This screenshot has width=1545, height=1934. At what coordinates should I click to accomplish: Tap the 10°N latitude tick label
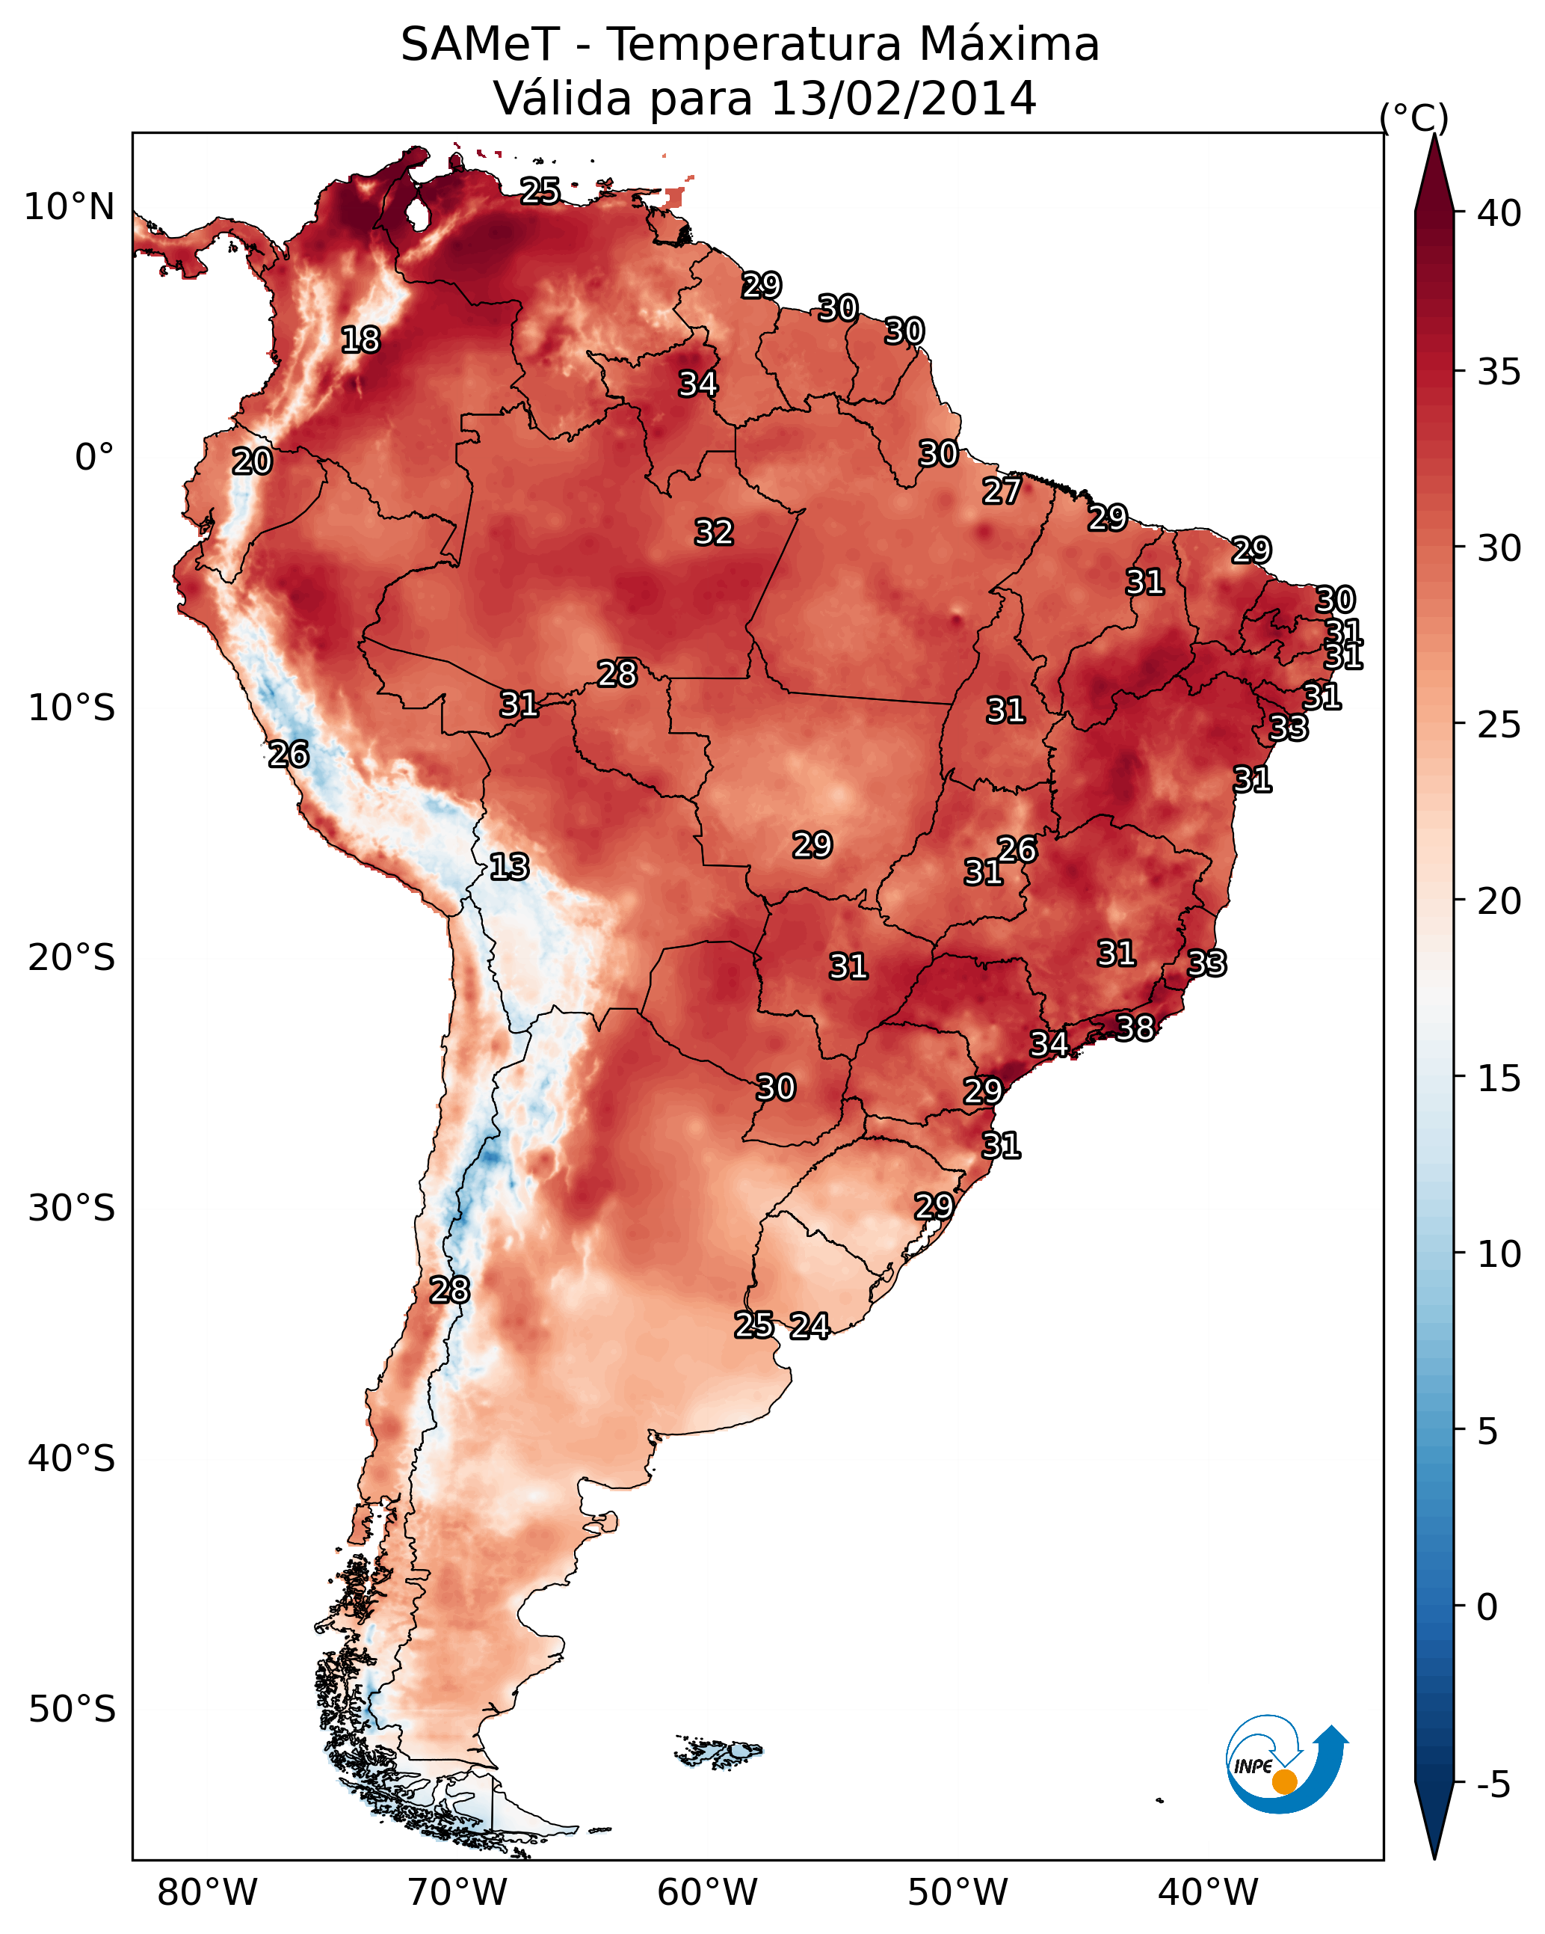(x=69, y=207)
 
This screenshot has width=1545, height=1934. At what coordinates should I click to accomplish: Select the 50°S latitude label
(x=72, y=1710)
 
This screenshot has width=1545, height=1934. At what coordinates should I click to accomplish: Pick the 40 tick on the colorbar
(x=1499, y=213)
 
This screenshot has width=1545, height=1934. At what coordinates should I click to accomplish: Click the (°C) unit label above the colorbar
(x=1414, y=117)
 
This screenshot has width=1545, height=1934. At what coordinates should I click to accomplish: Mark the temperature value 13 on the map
(x=509, y=867)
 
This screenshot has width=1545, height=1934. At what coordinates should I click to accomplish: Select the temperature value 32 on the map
(x=714, y=532)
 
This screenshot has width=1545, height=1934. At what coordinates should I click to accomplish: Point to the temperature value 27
(x=1001, y=491)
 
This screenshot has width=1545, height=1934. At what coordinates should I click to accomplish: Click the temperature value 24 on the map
(x=809, y=1325)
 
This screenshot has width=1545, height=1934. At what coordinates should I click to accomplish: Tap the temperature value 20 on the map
(x=252, y=461)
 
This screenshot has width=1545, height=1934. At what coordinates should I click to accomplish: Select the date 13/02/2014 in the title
(x=903, y=98)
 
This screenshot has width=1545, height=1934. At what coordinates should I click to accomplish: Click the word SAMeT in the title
(x=480, y=44)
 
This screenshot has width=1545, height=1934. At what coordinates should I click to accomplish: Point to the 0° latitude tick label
(x=94, y=458)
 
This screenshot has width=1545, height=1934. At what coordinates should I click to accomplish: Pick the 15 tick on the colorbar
(x=1499, y=1078)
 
